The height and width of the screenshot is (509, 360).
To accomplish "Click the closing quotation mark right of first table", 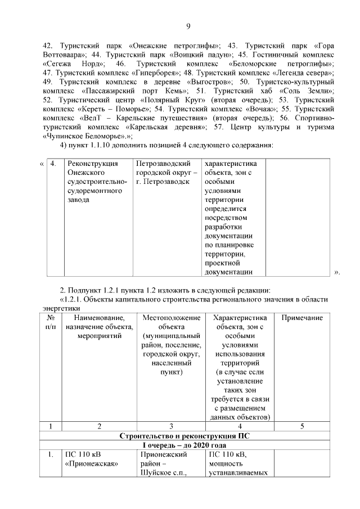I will (x=337, y=273).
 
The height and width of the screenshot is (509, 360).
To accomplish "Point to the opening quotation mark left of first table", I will (x=42, y=164).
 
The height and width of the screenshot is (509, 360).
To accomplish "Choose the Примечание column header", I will (x=302, y=318).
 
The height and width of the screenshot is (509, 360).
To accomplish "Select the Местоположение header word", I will (x=171, y=318).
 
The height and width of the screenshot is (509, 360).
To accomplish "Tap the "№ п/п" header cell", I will (x=50, y=322).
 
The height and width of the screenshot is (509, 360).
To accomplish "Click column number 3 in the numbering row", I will (x=171, y=426).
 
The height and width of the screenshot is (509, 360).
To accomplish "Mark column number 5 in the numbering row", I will (x=302, y=426).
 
